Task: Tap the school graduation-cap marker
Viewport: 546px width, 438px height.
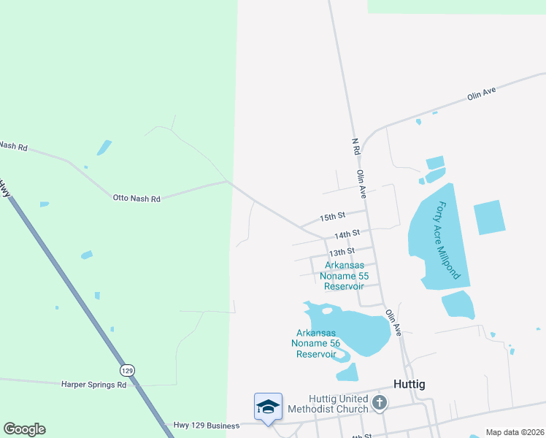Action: (268, 407)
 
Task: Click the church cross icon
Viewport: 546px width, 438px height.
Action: (379, 402)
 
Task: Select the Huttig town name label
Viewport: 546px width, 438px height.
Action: (409, 384)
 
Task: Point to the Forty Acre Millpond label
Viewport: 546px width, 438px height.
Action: (445, 241)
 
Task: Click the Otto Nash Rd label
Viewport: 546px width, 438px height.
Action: (136, 197)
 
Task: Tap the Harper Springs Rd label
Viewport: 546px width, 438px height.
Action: (93, 384)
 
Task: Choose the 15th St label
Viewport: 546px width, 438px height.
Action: (332, 218)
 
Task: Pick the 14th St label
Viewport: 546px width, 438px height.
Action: (347, 234)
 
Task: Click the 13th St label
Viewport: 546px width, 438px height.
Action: (342, 251)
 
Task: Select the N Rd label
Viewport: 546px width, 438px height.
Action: (355, 145)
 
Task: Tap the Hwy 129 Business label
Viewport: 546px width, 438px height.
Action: (207, 426)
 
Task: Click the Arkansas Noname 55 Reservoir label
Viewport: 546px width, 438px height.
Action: (347, 276)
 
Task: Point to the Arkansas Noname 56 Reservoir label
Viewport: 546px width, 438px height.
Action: (315, 343)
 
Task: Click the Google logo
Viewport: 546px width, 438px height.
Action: (24, 429)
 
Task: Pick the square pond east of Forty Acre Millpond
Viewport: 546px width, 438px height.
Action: (489, 218)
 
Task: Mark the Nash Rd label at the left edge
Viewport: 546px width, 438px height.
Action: (13, 147)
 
